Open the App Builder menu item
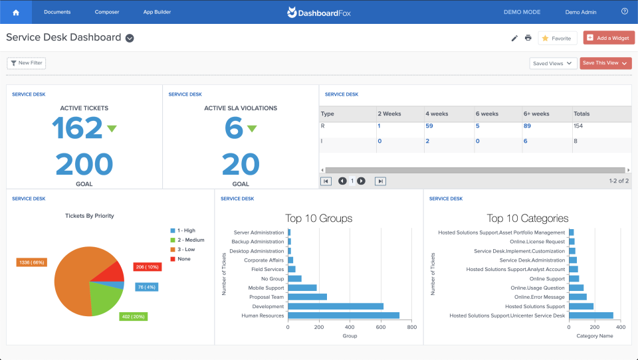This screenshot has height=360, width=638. pyautogui.click(x=157, y=12)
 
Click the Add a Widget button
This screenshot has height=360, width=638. pyautogui.click(x=609, y=38)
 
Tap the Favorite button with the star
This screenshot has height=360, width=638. pyautogui.click(x=557, y=39)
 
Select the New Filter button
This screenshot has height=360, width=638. pyautogui.click(x=27, y=63)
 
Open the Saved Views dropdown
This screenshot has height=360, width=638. pyautogui.click(x=552, y=63)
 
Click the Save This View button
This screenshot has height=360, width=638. pyautogui.click(x=605, y=63)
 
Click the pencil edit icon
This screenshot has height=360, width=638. pyautogui.click(x=514, y=38)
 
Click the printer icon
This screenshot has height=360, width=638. pyautogui.click(x=528, y=38)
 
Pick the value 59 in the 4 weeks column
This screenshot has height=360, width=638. pyautogui.click(x=429, y=126)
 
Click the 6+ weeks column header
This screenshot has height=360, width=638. pyautogui.click(x=536, y=114)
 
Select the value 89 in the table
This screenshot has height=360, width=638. pyautogui.click(x=527, y=126)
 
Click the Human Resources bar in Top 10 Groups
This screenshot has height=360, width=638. pyautogui.click(x=344, y=315)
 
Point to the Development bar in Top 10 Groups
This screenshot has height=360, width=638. pyautogui.click(x=336, y=306)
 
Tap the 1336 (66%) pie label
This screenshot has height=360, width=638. pyautogui.click(x=31, y=262)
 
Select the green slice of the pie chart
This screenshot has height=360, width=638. pyautogui.click(x=106, y=300)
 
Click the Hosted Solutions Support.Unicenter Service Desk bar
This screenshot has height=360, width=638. pyautogui.click(x=591, y=315)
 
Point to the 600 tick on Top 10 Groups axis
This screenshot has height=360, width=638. pyautogui.click(x=381, y=327)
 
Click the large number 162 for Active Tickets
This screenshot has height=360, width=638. pyautogui.click(x=78, y=129)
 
